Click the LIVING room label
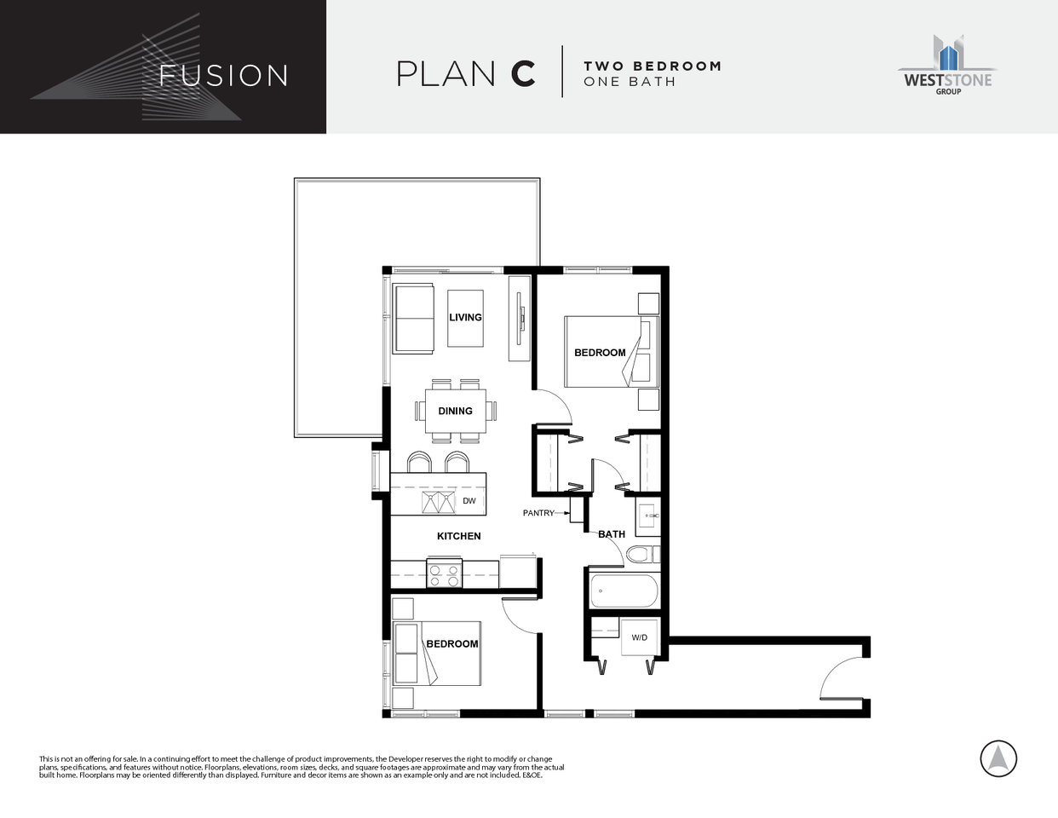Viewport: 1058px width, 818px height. click(465, 317)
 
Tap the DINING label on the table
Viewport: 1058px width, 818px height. click(455, 411)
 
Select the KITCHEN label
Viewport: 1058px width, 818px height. click(458, 536)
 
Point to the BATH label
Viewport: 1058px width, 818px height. click(611, 534)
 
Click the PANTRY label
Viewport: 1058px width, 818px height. click(538, 513)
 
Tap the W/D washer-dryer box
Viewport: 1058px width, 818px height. click(639, 637)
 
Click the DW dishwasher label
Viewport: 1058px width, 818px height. click(469, 501)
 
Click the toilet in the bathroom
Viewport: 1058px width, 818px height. click(642, 555)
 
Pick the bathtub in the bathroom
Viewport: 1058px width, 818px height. click(624, 590)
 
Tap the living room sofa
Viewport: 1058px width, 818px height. click(413, 319)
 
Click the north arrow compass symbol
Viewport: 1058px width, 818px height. click(998, 758)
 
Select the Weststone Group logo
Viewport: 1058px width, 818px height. click(947, 66)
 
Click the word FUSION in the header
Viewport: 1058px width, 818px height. click(224, 76)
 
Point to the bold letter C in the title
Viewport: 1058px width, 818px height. click(523, 74)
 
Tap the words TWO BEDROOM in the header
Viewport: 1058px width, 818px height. click(652, 66)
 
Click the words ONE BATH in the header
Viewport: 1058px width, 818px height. click(630, 82)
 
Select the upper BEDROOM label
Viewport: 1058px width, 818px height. click(600, 352)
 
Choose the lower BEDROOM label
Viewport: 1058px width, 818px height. click(451, 643)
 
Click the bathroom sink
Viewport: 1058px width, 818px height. click(649, 516)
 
